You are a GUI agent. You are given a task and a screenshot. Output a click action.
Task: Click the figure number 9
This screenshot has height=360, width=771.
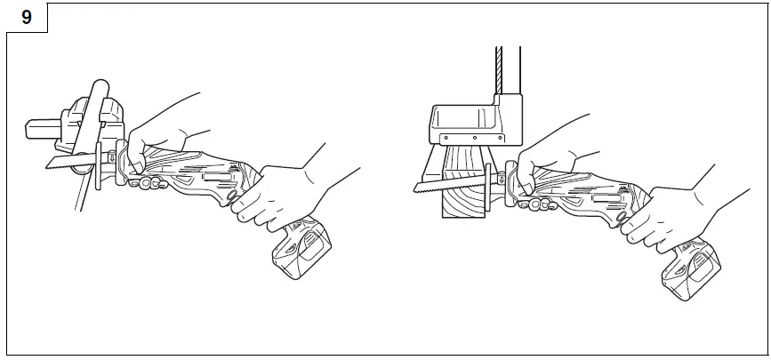tap(26, 18)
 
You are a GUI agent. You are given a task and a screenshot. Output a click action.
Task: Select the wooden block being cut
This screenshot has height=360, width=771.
tap(463, 187)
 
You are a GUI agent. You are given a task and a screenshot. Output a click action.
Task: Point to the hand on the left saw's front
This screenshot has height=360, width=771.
tap(160, 133)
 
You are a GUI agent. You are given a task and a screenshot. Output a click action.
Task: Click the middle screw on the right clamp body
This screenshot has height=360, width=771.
tap(475, 139)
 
